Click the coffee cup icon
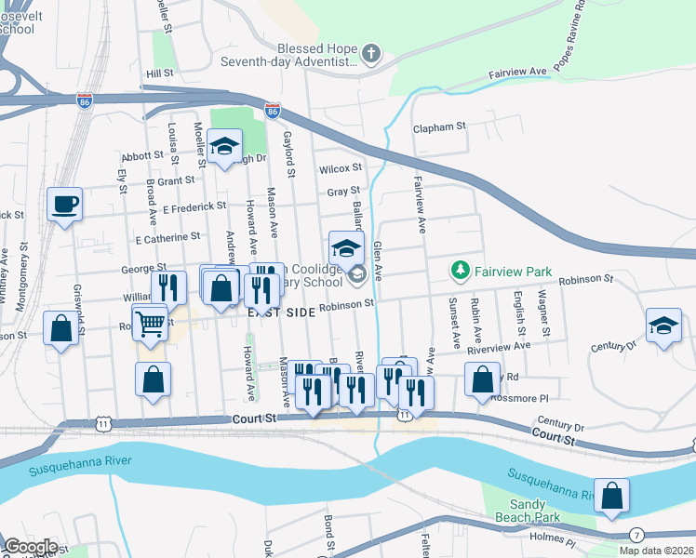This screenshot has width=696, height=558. pos(64,203)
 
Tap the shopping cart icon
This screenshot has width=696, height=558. pos(149,323)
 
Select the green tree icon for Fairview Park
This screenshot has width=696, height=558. pos(459,271)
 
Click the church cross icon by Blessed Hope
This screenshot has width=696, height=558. pos(370,53)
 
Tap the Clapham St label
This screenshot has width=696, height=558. pos(439,126)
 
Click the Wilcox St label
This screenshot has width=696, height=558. pos(340,168)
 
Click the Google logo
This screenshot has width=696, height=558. pos(31,547)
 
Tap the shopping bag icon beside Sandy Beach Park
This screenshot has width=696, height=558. pos(612,496)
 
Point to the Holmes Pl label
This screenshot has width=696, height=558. pos(556,541)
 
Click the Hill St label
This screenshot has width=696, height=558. pos(159,73)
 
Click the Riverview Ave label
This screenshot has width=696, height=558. pos(499,344)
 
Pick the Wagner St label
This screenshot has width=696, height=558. pos(545,317)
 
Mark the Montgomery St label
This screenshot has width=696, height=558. pos(23,269)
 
